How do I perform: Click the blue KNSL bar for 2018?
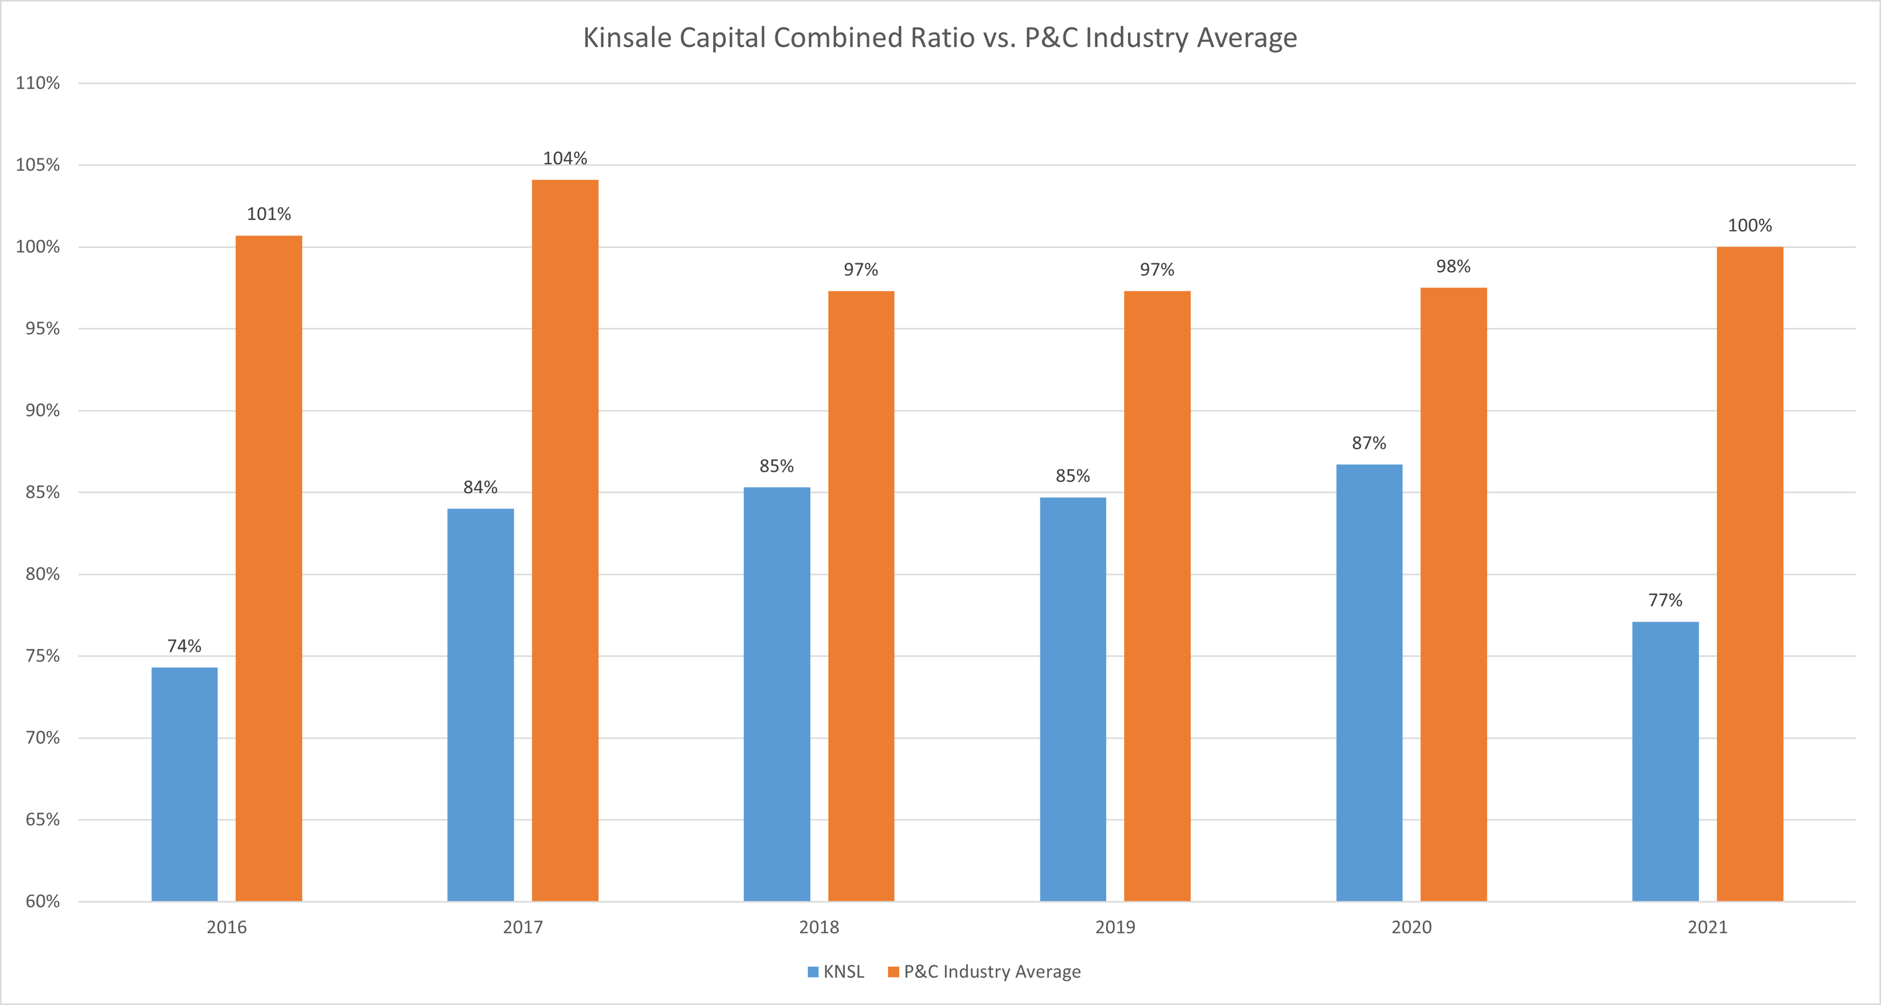tap(776, 694)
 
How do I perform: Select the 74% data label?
tap(184, 646)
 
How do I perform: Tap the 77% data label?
tap(1665, 600)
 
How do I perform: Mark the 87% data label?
tap(1369, 443)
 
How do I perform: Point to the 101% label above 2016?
tap(269, 214)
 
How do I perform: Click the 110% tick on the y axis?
tap(38, 83)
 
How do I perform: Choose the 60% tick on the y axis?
tap(42, 901)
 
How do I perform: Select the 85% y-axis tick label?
tap(42, 492)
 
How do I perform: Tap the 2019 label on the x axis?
tap(1115, 928)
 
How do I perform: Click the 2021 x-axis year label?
tap(1707, 928)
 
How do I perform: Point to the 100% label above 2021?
tap(1750, 226)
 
